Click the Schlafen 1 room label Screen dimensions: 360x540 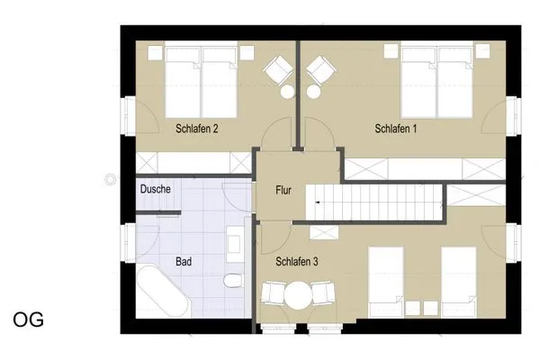tap(395, 130)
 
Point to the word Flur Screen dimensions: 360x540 tap(284, 190)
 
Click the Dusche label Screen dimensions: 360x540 tap(156, 190)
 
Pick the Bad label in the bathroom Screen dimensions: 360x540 tap(183, 262)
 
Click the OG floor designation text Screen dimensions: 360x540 tap(28, 319)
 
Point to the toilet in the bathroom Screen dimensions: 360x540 tap(234, 280)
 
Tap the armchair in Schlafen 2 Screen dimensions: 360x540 tap(278, 68)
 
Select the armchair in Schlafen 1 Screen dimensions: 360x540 tap(319, 68)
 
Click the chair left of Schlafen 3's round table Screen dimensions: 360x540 tap(271, 296)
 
